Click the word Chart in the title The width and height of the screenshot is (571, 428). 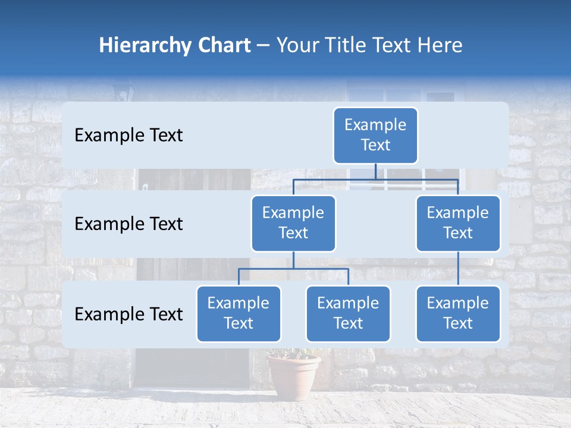pyautogui.click(x=224, y=46)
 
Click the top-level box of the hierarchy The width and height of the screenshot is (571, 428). pyautogui.click(x=375, y=136)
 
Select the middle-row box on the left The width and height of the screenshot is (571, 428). pyautogui.click(x=293, y=223)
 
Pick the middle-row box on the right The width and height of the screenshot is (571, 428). pyautogui.click(x=458, y=223)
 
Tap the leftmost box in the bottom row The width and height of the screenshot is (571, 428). pyautogui.click(x=239, y=313)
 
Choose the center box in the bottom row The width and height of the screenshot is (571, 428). pyautogui.click(x=348, y=313)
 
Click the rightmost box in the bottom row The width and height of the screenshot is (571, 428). pyautogui.click(x=458, y=313)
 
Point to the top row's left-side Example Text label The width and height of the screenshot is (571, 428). pyautogui.click(x=128, y=136)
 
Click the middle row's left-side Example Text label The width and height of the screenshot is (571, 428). pyautogui.click(x=128, y=224)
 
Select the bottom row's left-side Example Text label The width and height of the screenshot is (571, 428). pyautogui.click(x=128, y=314)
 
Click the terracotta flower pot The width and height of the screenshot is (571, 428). pyautogui.click(x=293, y=375)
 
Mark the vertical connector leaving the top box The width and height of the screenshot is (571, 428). pyautogui.click(x=375, y=171)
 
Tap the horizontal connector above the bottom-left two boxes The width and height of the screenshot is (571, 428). pyautogui.click(x=293, y=269)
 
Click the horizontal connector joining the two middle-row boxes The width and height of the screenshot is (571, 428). pyautogui.click(x=375, y=179)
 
